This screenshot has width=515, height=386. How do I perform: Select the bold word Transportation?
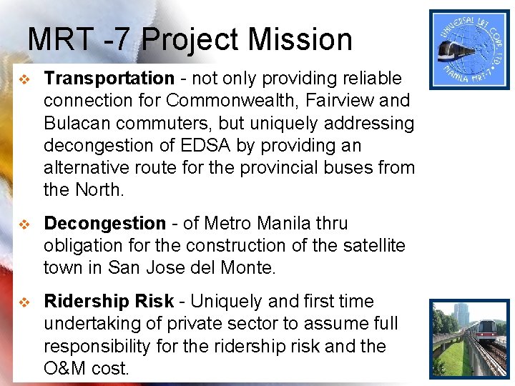pos(109,79)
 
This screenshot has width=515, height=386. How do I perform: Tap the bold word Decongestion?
pos(104,224)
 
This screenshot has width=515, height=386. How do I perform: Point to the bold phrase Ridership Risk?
pos(109,302)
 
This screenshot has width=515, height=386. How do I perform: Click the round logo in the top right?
pos(469,49)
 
